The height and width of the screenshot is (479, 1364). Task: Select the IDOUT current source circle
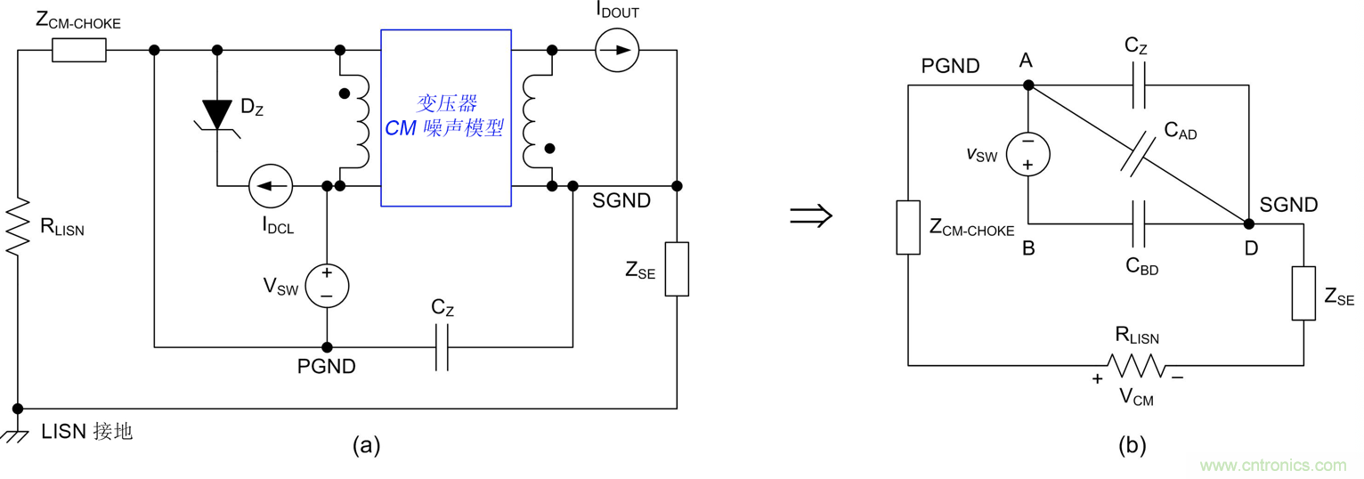pos(617,50)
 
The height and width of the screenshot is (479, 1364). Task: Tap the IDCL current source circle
pos(271,186)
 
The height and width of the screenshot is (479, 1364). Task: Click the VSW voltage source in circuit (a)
pos(327,285)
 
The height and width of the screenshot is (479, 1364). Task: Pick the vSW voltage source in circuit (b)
pos(1028,154)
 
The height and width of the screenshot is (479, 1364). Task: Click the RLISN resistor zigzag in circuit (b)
pos(1136,365)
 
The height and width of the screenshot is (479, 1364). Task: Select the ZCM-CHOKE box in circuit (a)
pos(79,51)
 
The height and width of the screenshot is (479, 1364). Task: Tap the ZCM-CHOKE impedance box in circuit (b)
pos(908,228)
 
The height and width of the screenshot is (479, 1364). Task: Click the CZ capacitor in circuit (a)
pos(441,346)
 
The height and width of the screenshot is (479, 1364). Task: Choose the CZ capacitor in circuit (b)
pos(1137,85)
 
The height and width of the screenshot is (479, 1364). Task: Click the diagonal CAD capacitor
pos(1137,153)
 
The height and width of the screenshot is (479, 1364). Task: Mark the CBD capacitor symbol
pos(1137,223)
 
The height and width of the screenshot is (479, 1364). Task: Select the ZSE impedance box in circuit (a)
pos(677,269)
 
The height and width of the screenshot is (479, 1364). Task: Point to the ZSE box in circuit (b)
pos(1303,293)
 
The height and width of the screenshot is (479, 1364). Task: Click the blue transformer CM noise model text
pos(445,117)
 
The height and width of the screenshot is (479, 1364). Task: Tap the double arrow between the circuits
pos(811,216)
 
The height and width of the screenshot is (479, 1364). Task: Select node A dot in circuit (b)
pos(1028,85)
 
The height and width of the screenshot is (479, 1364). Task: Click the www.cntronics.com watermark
pos(1272,465)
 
